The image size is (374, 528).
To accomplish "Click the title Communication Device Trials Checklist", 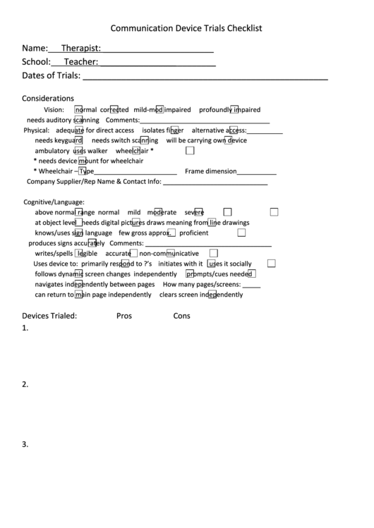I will pyautogui.click(x=186, y=28).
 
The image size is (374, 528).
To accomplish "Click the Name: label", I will pyautogui.click(x=35, y=49).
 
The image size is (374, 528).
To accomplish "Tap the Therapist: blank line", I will pyautogui.click(x=157, y=51).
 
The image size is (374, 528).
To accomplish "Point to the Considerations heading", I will pyautogui.click(x=48, y=99).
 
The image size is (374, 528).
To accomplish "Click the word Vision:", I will pyautogui.click(x=54, y=110).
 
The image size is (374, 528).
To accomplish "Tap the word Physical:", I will pyautogui.click(x=37, y=130).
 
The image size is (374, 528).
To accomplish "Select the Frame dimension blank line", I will pyautogui.click(x=256, y=173).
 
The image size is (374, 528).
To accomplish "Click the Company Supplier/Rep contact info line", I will pyautogui.click(x=215, y=183).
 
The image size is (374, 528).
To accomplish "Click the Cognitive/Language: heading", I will pyautogui.click(x=54, y=202).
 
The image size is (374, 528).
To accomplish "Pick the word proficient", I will pyautogui.click(x=193, y=233).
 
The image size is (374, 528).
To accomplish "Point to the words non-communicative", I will pyautogui.click(x=169, y=254).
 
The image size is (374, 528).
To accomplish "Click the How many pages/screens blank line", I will pyautogui.click(x=251, y=287).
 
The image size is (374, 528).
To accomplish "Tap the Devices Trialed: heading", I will pyautogui.click(x=49, y=316).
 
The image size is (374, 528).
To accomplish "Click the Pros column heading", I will pyautogui.click(x=124, y=316).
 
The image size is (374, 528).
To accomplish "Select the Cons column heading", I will pyautogui.click(x=181, y=316).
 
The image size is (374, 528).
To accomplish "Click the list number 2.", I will pyautogui.click(x=25, y=384).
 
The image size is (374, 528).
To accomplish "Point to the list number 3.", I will pyautogui.click(x=25, y=444).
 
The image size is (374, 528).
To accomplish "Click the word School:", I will pyautogui.click(x=36, y=62).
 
